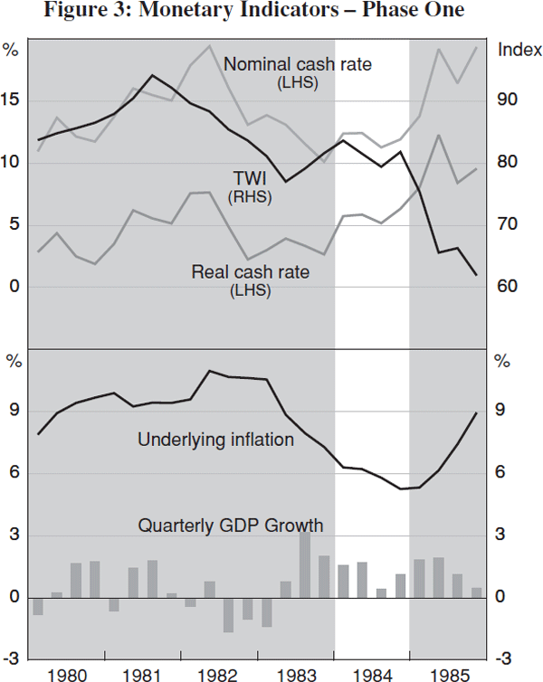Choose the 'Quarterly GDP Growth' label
[x=230, y=525]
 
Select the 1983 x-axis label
[x=296, y=674]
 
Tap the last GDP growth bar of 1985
[x=476, y=592]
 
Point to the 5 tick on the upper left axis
[x=12, y=224]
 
